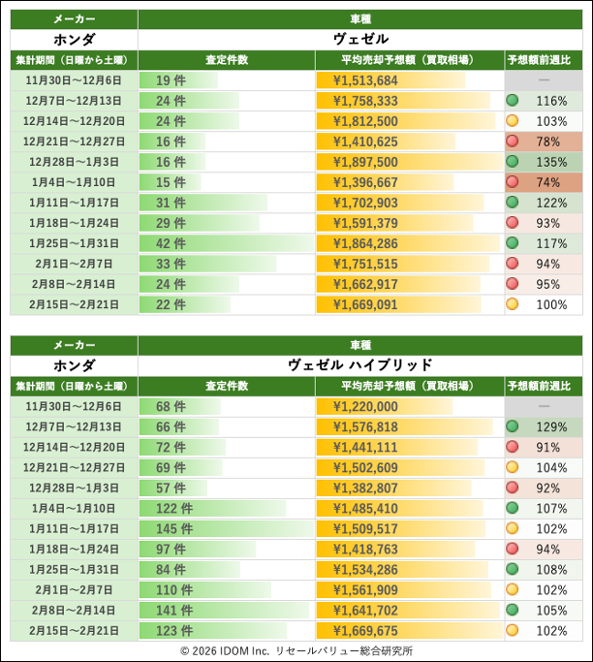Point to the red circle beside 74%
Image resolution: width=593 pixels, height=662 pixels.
(x=512, y=182)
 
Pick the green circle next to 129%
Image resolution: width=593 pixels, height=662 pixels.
(x=512, y=426)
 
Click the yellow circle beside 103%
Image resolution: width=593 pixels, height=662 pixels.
(x=512, y=121)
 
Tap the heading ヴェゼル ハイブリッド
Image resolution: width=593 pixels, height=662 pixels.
(x=359, y=364)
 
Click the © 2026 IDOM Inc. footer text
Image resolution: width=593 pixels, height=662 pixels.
(x=296, y=651)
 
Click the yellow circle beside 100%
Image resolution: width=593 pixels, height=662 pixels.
(x=512, y=304)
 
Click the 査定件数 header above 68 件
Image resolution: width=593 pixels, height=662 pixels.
(x=227, y=385)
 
